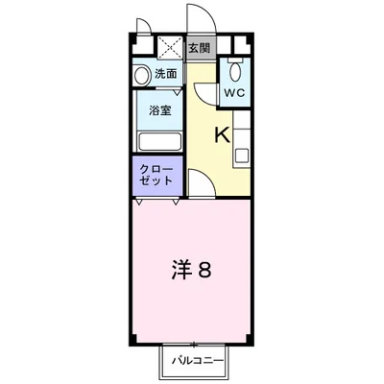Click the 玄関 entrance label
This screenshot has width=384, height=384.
pos(200,46)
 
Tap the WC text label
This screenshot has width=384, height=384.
pos(234,93)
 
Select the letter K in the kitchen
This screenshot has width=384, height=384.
pos(220,134)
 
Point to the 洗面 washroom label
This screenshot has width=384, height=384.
pos(165,74)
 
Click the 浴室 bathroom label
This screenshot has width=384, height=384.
pos(159,111)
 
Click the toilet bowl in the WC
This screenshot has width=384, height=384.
pos(235,71)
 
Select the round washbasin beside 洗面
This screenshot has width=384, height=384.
pos(142,74)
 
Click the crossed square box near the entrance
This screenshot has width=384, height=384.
pos(169,46)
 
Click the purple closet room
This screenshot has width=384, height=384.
pos(158,176)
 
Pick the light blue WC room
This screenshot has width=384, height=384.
pos(235,82)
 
